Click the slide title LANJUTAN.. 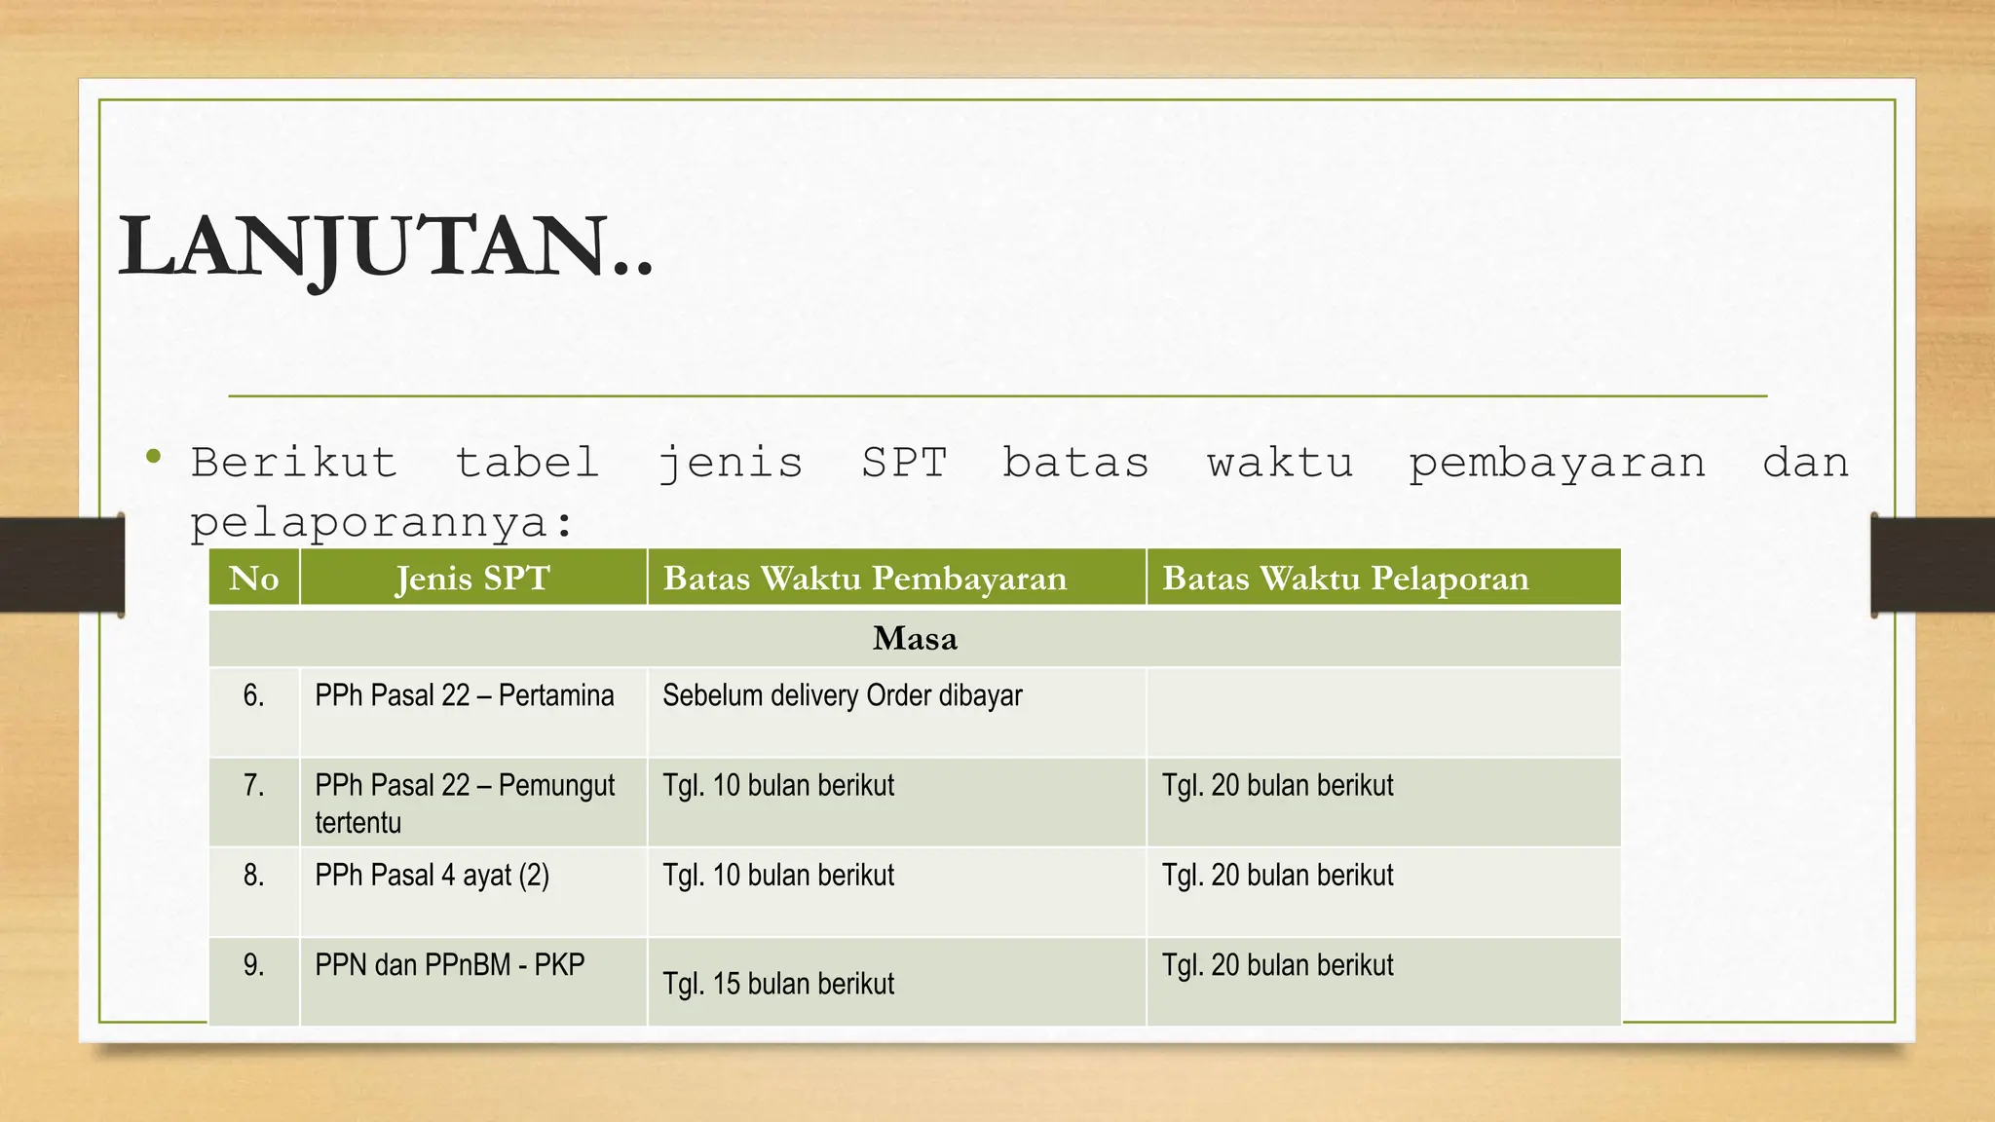pyautogui.click(x=385, y=247)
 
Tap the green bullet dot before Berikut pyautogui.click(x=153, y=456)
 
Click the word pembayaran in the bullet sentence pyautogui.click(x=1557, y=464)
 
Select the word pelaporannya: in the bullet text pyautogui.click(x=382, y=523)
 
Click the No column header pyautogui.click(x=253, y=579)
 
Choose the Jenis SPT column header pyautogui.click(x=472, y=579)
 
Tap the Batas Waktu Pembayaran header pyautogui.click(x=864, y=579)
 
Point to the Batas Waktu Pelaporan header pyautogui.click(x=1344, y=579)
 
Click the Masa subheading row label pyautogui.click(x=915, y=639)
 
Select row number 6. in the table pyautogui.click(x=253, y=695)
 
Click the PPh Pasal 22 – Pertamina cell pyautogui.click(x=464, y=695)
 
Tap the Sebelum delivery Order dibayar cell pyautogui.click(x=842, y=695)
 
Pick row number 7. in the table pyautogui.click(x=253, y=785)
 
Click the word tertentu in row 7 pyautogui.click(x=358, y=823)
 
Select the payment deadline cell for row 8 pyautogui.click(x=778, y=876)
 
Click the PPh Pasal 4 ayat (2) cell pyautogui.click(x=432, y=876)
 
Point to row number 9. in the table pyautogui.click(x=253, y=965)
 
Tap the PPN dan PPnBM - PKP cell pyautogui.click(x=449, y=965)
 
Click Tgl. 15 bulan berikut pyautogui.click(x=778, y=984)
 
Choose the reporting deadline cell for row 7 pyautogui.click(x=1277, y=785)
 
